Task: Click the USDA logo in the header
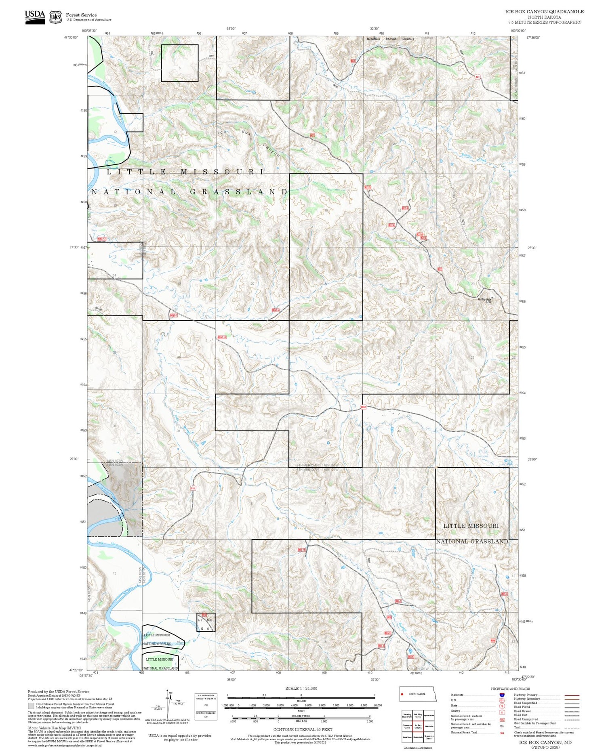pyautogui.click(x=35, y=17)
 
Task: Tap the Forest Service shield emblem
pyautogui.click(x=55, y=17)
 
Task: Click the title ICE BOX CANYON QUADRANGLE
pyautogui.click(x=544, y=12)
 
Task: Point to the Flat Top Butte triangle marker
pyautogui.click(x=492, y=298)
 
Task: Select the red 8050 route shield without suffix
pyautogui.click(x=363, y=407)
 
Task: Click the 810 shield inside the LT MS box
pyautogui.click(x=204, y=615)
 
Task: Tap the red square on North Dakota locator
pyautogui.click(x=402, y=694)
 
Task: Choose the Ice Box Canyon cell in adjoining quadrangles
pyautogui.click(x=418, y=727)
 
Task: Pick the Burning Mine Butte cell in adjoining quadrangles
pyautogui.click(x=407, y=716)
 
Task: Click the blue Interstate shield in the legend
pyautogui.click(x=502, y=695)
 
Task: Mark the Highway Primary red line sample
pyautogui.click(x=571, y=695)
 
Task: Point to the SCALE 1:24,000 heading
pyautogui.click(x=301, y=688)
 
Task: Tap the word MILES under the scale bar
pyautogui.click(x=301, y=701)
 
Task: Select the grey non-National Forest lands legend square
pyautogui.click(x=31, y=706)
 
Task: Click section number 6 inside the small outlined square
pyautogui.click(x=179, y=68)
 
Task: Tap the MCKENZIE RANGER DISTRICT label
pyautogui.click(x=390, y=39)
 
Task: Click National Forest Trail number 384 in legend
pyautogui.click(x=502, y=733)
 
